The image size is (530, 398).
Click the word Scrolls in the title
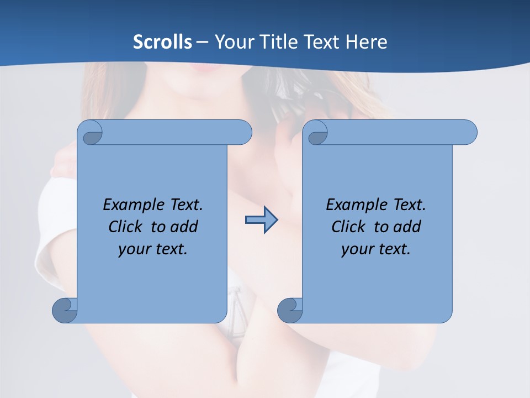pos(162,41)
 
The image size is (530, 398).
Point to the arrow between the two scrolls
pos(261,220)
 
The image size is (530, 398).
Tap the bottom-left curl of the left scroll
pos(65,310)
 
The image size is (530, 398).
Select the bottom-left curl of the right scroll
pos(290,310)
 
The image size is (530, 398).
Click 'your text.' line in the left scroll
pos(153,249)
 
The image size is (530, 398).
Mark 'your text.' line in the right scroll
pos(376,249)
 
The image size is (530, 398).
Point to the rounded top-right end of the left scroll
pos(243,132)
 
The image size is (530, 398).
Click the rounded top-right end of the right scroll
pos(468,132)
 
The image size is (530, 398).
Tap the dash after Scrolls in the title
pos(203,41)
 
